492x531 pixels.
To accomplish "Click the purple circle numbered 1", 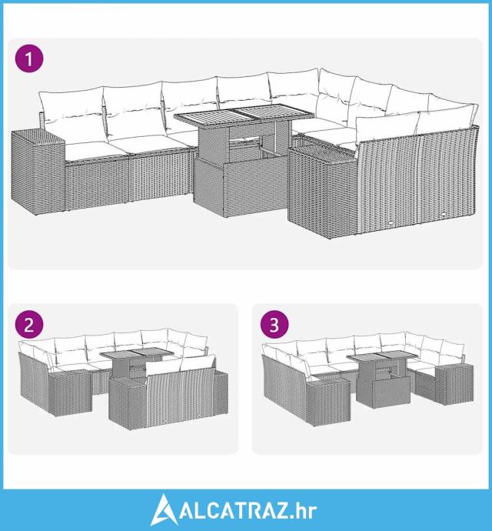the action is (x=29, y=58).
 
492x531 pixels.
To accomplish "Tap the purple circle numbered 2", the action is (x=29, y=324).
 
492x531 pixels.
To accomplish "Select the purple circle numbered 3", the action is (x=274, y=324).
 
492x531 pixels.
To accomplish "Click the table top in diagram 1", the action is (x=244, y=115).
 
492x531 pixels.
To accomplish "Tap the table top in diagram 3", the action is (x=383, y=356).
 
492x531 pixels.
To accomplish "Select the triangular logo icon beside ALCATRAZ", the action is (x=164, y=509).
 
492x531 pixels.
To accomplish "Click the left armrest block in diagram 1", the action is (x=38, y=172).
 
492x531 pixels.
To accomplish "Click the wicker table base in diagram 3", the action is (x=384, y=392).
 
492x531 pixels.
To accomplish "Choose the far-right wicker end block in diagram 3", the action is (x=454, y=384).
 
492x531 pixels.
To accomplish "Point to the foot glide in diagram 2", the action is (x=168, y=421).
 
